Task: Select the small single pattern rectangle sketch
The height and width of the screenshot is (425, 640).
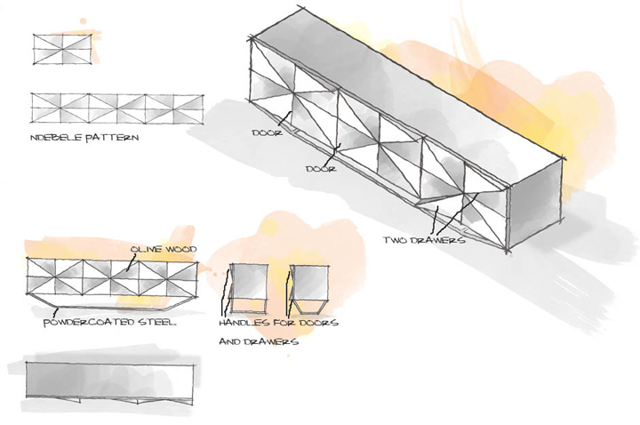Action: pos(63,48)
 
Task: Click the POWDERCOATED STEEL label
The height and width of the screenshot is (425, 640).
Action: pos(110,322)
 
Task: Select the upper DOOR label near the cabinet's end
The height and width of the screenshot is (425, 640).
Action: pos(268,132)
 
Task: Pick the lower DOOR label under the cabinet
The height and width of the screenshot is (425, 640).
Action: pos(321,167)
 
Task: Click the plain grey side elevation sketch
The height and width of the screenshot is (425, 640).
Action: pos(110,381)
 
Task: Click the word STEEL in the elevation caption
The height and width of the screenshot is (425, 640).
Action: pos(157,322)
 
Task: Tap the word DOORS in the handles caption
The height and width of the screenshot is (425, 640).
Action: pos(318,323)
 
